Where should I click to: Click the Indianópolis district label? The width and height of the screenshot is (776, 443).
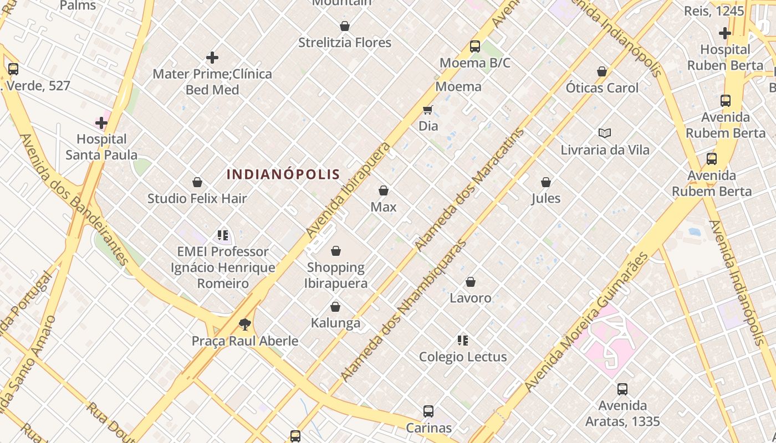point(283,174)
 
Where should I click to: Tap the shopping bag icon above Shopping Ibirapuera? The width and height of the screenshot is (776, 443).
point(335,251)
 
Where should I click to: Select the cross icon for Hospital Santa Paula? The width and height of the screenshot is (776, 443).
point(101,122)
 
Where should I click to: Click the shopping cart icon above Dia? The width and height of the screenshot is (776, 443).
point(427,110)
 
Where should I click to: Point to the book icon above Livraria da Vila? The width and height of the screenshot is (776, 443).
point(604,133)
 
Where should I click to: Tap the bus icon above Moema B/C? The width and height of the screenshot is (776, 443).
point(475,47)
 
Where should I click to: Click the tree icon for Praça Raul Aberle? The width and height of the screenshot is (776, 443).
point(244,324)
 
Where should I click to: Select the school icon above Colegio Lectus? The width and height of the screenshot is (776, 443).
point(463,341)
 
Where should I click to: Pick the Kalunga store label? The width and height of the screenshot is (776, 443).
point(335,323)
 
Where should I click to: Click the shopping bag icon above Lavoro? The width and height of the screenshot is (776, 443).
point(471,282)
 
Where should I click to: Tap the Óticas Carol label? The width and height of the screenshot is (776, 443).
point(602,88)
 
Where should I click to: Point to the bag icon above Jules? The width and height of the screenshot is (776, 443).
point(546,182)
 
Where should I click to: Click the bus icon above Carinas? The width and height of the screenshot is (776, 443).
point(428,411)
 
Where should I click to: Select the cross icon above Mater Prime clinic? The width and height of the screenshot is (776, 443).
point(212,57)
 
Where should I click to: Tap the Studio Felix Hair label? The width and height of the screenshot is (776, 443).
point(197,198)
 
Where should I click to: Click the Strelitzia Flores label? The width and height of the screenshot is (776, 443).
point(345,43)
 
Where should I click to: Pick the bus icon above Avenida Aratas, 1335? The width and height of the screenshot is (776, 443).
point(622,389)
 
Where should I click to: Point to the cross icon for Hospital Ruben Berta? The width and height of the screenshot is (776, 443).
point(724,33)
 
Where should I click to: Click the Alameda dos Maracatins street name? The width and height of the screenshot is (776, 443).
point(470,189)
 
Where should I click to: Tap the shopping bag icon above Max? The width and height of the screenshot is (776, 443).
point(383,191)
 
